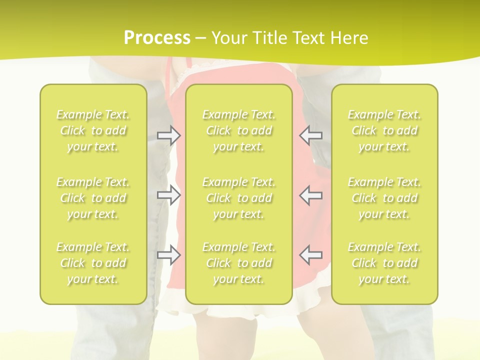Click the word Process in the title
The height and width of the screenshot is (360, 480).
[x=157, y=38]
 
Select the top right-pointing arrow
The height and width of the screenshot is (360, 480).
[x=169, y=135]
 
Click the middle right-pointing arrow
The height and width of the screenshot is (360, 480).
[x=169, y=195]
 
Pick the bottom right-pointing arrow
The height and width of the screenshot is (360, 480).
[x=169, y=255]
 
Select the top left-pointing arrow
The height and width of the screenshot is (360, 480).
[x=310, y=135]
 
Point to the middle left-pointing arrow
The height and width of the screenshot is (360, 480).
[x=310, y=195]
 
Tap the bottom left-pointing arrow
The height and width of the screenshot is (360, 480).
[x=310, y=255]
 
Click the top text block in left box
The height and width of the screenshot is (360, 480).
[x=93, y=130]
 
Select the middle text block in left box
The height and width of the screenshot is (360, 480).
[x=93, y=198]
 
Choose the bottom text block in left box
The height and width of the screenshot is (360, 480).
[x=93, y=263]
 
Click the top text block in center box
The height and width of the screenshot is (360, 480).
[x=239, y=130]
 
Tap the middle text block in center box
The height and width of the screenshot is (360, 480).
[x=239, y=198]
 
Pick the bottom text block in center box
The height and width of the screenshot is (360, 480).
[x=239, y=263]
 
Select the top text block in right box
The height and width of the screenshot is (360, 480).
[x=384, y=130]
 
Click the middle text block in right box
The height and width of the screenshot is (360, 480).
[x=384, y=198]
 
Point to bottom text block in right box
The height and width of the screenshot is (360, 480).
[x=384, y=263]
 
